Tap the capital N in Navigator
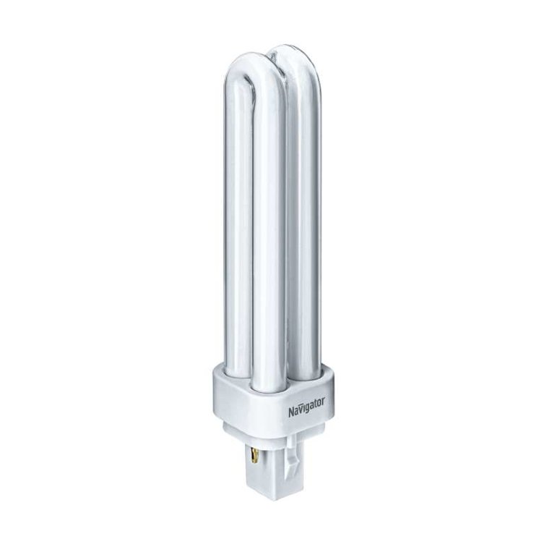click(x=291, y=412)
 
